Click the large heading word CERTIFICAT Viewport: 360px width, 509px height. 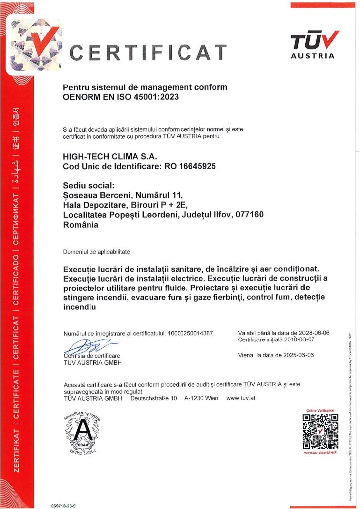pos(148,52)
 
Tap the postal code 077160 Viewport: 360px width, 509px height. pos(247,214)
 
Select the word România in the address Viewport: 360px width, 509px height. pos(81,224)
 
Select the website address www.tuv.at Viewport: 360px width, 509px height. pos(241,398)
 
